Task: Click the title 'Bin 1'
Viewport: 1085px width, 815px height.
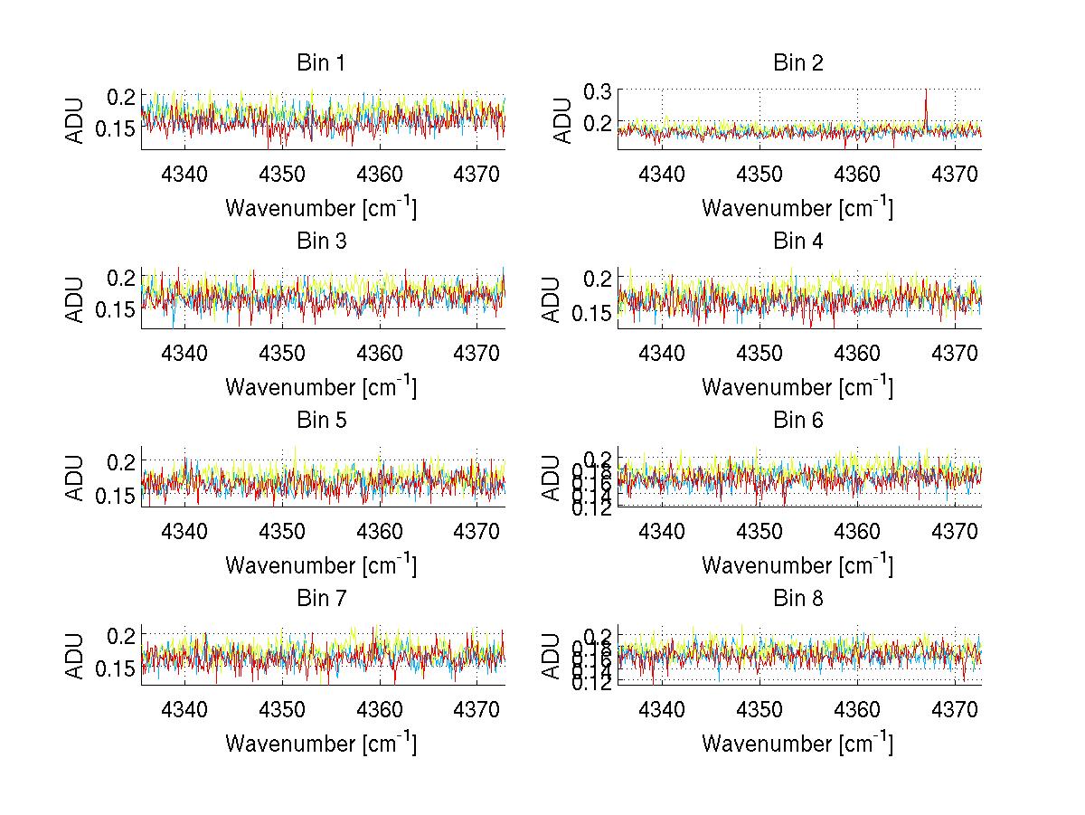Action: click(320, 63)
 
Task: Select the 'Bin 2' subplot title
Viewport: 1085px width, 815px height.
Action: click(797, 63)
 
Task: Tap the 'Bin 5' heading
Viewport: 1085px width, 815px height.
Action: click(320, 421)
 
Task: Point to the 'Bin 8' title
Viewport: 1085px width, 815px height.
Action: click(797, 599)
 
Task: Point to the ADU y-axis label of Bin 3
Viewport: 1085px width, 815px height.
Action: click(76, 298)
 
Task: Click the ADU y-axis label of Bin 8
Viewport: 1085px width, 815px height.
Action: click(552, 656)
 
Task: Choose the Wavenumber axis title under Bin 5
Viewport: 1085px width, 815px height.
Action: click(321, 565)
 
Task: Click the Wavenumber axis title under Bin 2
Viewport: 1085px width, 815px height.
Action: click(797, 208)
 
